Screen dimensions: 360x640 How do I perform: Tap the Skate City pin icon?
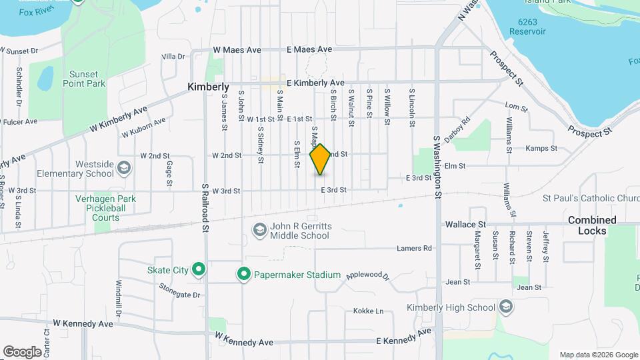[x=198, y=270]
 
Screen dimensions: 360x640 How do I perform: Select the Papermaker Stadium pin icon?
[x=244, y=274]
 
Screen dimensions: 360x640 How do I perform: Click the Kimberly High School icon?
[x=506, y=307]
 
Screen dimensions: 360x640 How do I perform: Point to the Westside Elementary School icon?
[x=123, y=167]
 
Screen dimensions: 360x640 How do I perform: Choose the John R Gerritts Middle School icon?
[x=259, y=230]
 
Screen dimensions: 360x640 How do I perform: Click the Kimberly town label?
[x=208, y=87]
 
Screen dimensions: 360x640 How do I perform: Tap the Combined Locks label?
[x=591, y=225]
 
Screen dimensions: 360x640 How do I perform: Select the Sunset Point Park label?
[x=85, y=79]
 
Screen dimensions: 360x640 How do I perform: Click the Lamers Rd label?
[x=414, y=248]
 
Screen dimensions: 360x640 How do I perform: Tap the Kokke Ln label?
[x=369, y=311]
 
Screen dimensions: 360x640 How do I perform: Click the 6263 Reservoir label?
[x=527, y=26]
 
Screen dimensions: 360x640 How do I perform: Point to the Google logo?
[x=22, y=351]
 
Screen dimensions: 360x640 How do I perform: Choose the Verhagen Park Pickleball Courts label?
[x=106, y=208]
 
